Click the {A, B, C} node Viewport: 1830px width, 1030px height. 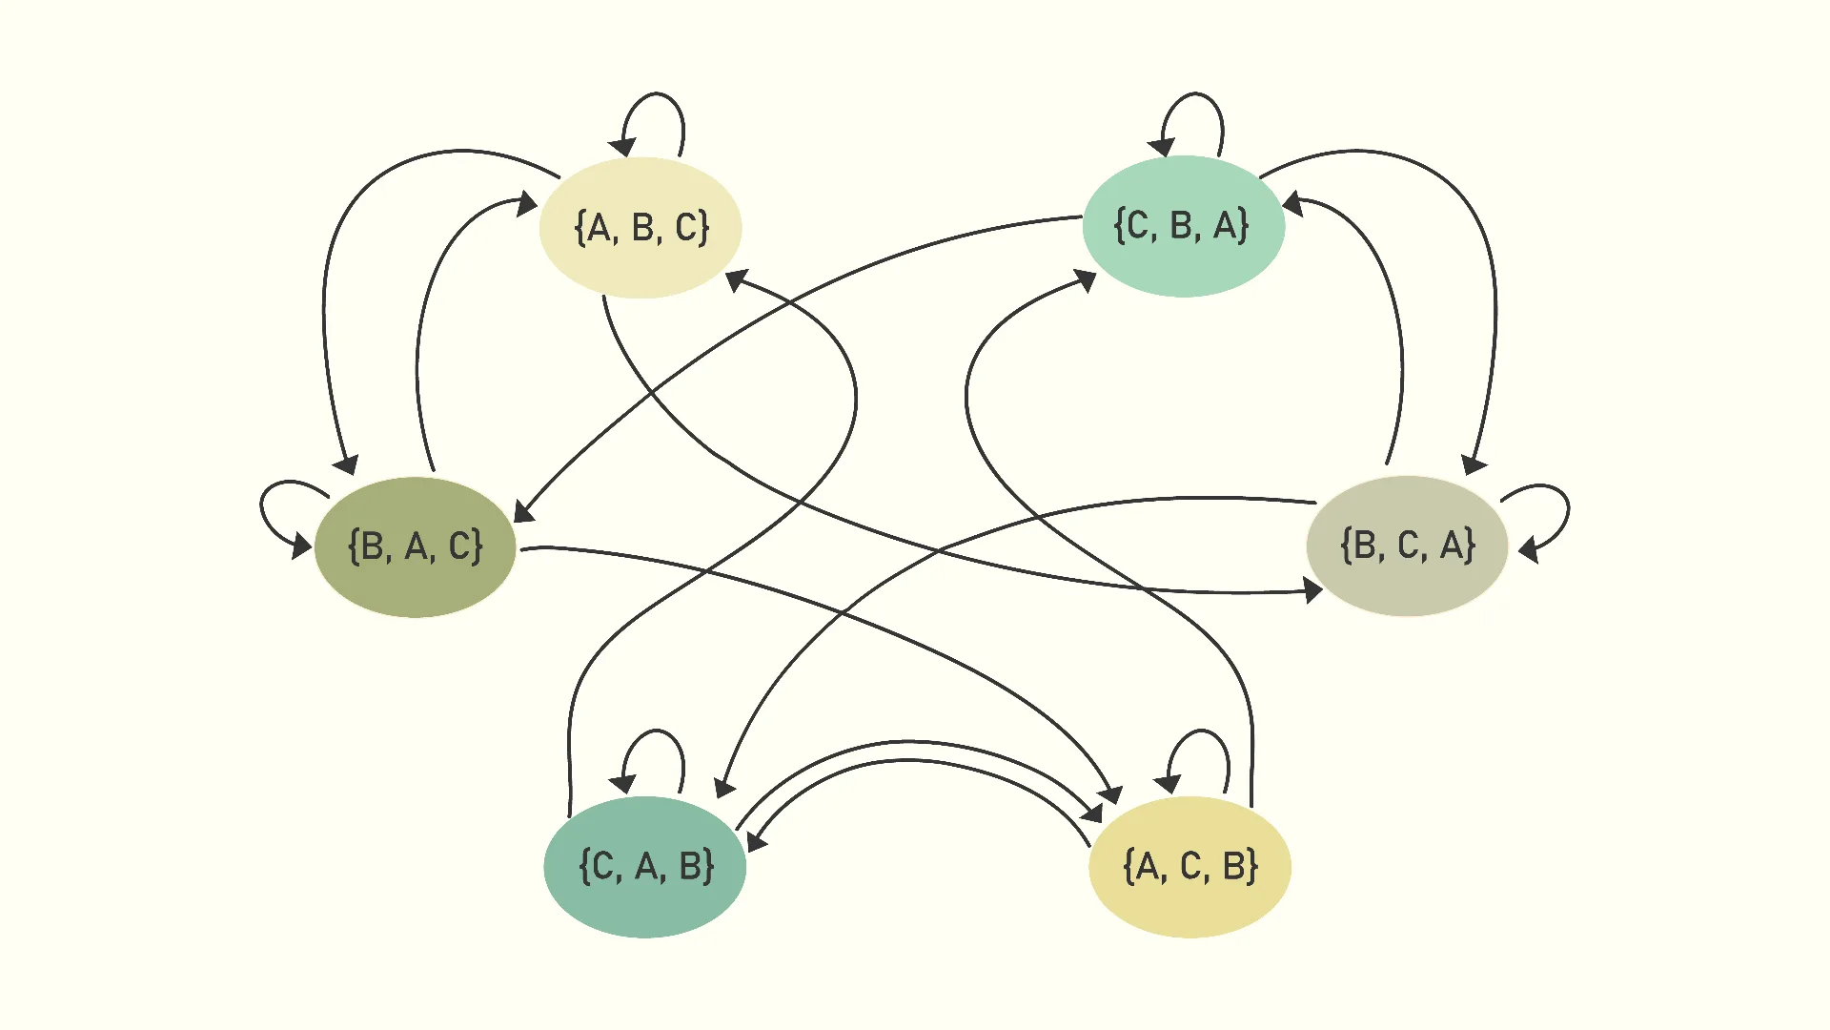click(x=640, y=228)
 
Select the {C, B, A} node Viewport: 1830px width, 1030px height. click(x=1184, y=226)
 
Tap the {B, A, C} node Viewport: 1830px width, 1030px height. click(x=416, y=546)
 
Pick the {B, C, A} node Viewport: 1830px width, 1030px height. click(x=1408, y=546)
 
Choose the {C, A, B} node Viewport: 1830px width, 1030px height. click(x=645, y=867)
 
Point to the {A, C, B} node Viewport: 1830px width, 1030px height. click(x=1190, y=867)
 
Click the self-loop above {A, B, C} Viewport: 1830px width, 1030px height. click(x=654, y=93)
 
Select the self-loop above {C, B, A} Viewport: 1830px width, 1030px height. click(x=1193, y=93)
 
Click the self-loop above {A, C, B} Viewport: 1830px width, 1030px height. click(x=1200, y=731)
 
